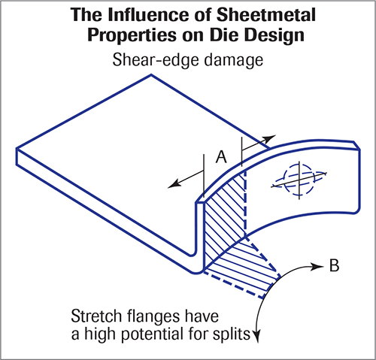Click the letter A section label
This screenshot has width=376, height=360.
click(221, 157)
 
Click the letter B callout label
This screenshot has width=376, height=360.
click(334, 265)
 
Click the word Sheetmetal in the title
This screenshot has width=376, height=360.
click(265, 15)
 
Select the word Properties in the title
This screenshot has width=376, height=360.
click(132, 35)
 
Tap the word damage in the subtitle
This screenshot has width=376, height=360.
click(234, 61)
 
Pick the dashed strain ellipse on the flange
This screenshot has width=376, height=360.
click(299, 180)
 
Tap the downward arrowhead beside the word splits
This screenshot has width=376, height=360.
click(256, 336)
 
